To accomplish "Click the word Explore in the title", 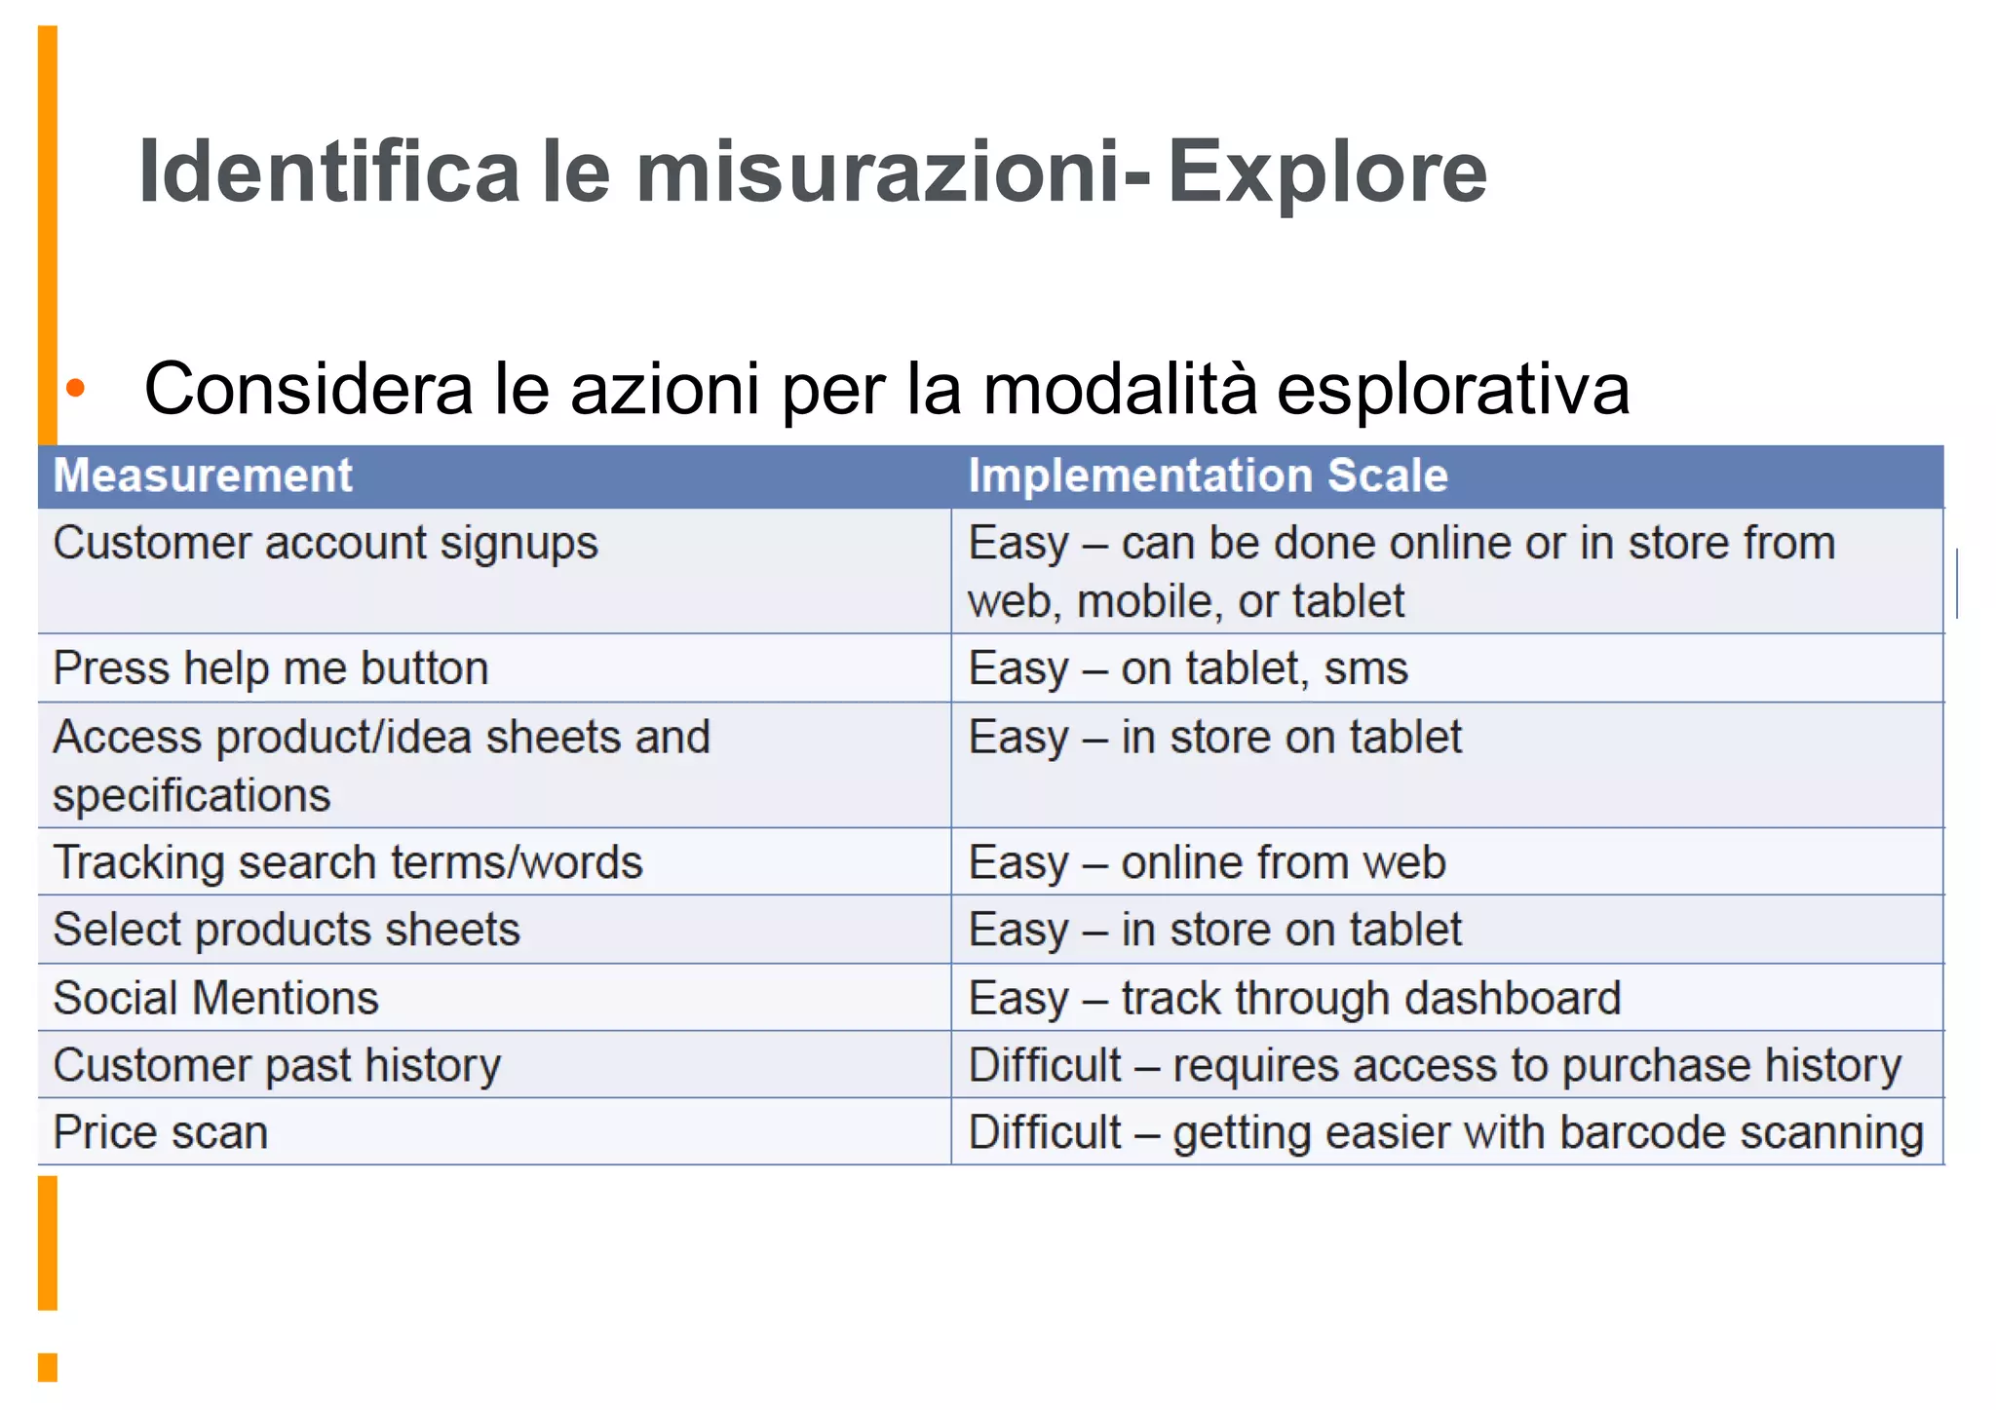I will (x=1326, y=172).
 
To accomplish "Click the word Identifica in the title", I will (x=329, y=172).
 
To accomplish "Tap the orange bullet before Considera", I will (x=76, y=389).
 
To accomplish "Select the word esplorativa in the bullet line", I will (x=1452, y=389).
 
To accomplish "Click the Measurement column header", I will (x=203, y=476).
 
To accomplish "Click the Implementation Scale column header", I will (x=1208, y=476).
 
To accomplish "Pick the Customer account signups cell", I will (x=326, y=544).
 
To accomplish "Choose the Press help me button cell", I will (x=271, y=668).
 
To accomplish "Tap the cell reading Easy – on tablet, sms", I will (x=1188, y=668).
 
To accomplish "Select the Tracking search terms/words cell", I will (x=348, y=862).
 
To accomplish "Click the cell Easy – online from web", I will (x=1207, y=862).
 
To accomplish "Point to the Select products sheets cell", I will (x=287, y=930).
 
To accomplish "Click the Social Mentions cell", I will (x=216, y=998).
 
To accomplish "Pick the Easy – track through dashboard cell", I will (x=1294, y=998).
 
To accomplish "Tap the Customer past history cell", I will (x=277, y=1065).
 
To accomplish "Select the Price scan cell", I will (x=161, y=1132).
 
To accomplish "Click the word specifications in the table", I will (x=192, y=795).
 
